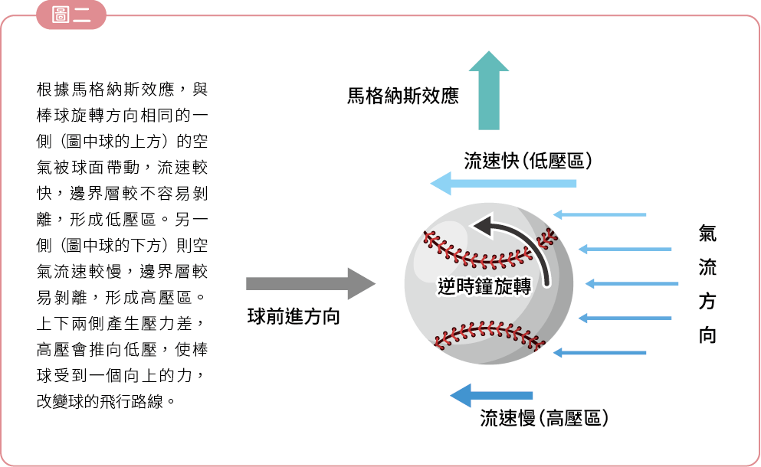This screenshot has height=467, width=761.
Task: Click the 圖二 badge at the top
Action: point(71,15)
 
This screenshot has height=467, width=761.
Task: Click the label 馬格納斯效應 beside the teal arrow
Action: point(402,96)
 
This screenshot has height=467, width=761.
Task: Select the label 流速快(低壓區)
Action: point(528,161)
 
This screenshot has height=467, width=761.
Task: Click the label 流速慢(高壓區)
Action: point(544,418)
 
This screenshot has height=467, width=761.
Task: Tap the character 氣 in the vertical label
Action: point(707,233)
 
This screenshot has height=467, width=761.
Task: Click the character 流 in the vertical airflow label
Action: point(707,267)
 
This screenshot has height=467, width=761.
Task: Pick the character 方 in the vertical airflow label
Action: point(707,302)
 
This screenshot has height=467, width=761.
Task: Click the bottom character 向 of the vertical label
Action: point(707,335)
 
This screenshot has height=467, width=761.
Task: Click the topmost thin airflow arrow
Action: point(599,215)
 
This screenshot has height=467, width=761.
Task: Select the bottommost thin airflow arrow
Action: point(599,353)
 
